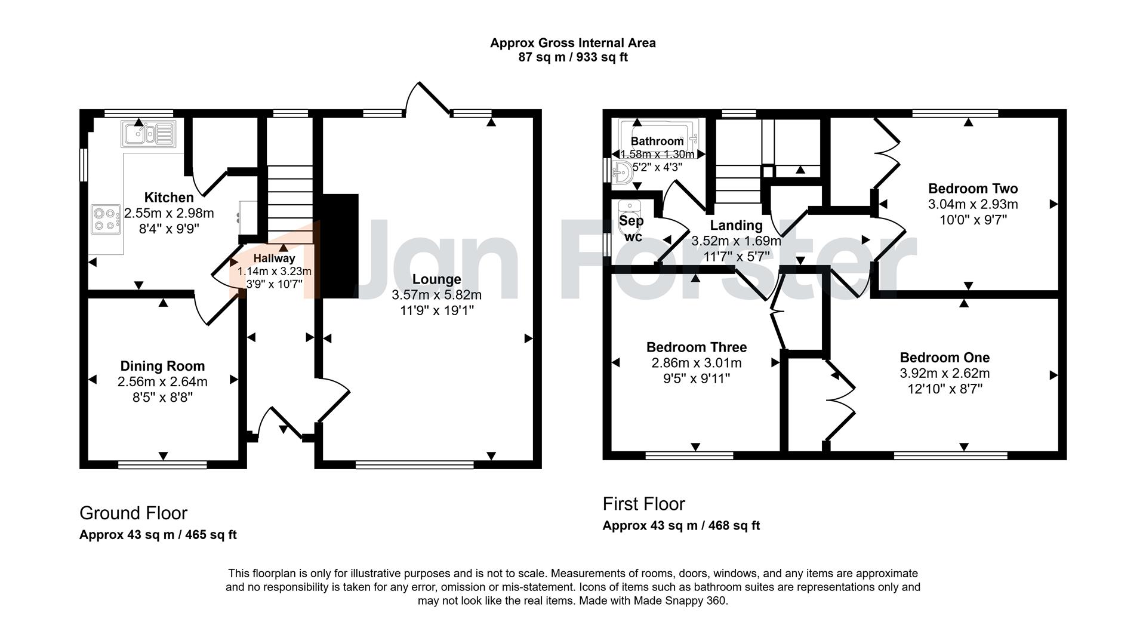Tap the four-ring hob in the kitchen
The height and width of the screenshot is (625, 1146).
pos(106,218)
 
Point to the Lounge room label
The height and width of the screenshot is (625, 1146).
pos(437,279)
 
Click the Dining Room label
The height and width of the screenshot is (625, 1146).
pos(162,366)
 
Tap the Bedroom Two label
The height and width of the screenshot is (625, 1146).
pos(973,189)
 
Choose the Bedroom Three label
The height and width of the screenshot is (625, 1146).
pos(697,347)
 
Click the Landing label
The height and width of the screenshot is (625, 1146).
pos(736,226)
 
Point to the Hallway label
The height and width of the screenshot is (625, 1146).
pos(274,258)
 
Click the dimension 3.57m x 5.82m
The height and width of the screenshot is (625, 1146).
pos(437,295)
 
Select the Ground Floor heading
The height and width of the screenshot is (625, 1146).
pos(134,513)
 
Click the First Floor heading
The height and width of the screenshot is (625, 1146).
pos(644,504)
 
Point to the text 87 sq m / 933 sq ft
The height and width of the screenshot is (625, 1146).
pos(573,57)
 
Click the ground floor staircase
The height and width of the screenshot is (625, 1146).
pos(289,203)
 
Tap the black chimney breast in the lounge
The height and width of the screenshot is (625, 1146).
pos(340,245)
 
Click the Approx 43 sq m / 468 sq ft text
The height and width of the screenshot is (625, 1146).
pos(681,526)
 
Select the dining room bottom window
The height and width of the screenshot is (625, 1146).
pos(163,464)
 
